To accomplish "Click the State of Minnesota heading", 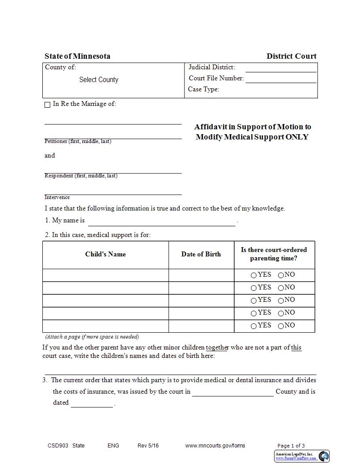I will coord(77,56).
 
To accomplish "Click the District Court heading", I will coord(291,56).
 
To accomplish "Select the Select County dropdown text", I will coord(99,80).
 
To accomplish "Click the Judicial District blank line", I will coord(281,69).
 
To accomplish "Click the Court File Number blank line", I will coord(281,80).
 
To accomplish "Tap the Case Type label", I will coord(203,89).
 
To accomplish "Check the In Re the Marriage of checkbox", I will coord(48,105).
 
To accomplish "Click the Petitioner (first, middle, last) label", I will coord(78,141).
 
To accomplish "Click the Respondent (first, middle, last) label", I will coord(81,176).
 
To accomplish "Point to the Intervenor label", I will coord(57,197).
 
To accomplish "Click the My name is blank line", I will coord(161,222).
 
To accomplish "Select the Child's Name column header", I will coord(105,254).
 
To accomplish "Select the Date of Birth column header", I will coord(201,254).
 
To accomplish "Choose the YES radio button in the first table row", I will coord(254,275).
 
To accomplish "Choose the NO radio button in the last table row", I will coord(281,327).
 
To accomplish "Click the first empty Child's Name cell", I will coord(105,275).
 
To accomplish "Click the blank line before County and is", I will coord(232,393).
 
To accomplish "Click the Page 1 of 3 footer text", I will coord(291,446).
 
